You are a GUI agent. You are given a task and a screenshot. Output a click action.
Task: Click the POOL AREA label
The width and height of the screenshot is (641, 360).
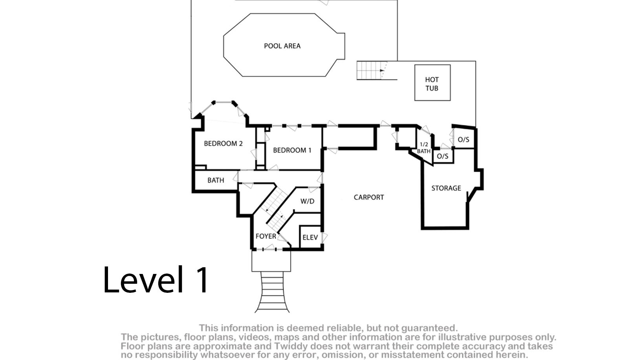pyautogui.click(x=282, y=46)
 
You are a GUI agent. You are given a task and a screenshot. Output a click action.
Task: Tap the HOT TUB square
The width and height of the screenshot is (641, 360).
pyautogui.click(x=432, y=83)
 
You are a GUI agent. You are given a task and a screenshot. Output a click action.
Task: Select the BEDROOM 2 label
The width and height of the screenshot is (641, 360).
pyautogui.click(x=223, y=143)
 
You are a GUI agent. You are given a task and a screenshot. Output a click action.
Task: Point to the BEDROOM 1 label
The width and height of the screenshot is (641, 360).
pyautogui.click(x=292, y=151)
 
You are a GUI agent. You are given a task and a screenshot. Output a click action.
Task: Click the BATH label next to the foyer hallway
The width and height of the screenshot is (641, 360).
pyautogui.click(x=216, y=180)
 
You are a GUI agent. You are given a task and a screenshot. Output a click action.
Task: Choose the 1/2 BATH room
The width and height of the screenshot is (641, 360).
pyautogui.click(x=424, y=147)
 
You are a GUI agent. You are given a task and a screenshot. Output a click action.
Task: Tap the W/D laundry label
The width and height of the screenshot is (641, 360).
pyautogui.click(x=307, y=201)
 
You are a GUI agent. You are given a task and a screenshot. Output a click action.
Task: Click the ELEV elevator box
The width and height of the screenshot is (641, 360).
pyautogui.click(x=310, y=237)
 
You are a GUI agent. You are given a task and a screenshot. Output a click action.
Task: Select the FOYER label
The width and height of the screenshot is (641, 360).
pyautogui.click(x=266, y=236)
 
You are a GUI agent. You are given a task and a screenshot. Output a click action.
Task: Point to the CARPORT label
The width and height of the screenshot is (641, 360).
pyautogui.click(x=369, y=197)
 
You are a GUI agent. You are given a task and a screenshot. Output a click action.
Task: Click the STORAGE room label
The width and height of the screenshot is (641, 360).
pyautogui.click(x=446, y=188)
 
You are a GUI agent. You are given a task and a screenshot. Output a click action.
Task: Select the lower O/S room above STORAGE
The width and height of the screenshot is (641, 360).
pyautogui.click(x=443, y=156)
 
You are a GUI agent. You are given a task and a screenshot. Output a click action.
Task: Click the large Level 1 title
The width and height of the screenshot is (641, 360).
pyautogui.click(x=156, y=279)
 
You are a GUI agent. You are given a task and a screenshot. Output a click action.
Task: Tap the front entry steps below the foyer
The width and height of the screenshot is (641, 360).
pyautogui.click(x=272, y=292)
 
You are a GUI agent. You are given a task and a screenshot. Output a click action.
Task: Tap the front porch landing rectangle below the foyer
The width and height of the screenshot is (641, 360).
pyautogui.click(x=271, y=261)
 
